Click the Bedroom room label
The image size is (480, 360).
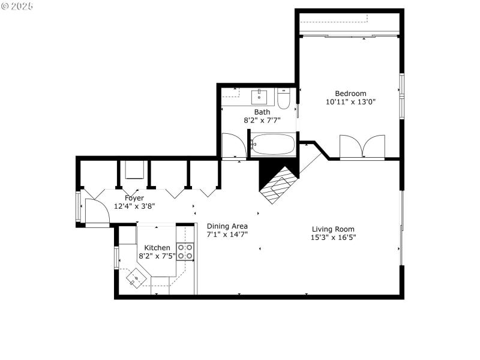(350, 93)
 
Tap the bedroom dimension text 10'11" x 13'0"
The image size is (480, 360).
(350, 102)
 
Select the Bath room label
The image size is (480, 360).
(262, 112)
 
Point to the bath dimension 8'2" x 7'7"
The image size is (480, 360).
(262, 120)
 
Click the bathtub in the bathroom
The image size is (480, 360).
(273, 145)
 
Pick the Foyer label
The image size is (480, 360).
(134, 198)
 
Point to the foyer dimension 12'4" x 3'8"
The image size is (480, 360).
(134, 206)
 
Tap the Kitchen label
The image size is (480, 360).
(157, 247)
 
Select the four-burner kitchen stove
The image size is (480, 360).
(185, 251)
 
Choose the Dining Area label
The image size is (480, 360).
(227, 226)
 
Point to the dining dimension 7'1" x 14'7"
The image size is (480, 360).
(227, 235)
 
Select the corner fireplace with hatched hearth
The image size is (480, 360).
(278, 183)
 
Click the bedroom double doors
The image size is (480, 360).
(362, 147)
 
